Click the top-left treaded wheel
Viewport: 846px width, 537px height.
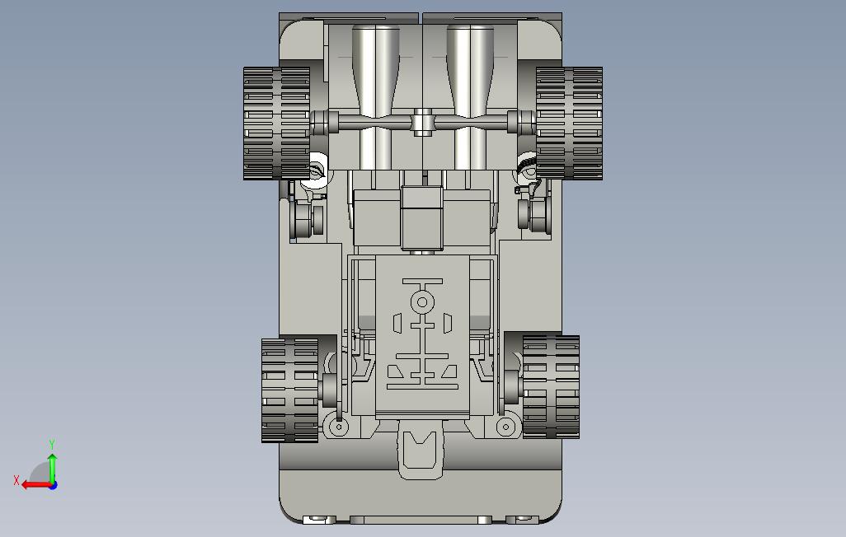[277, 123]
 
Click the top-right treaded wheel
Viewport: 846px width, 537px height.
[569, 123]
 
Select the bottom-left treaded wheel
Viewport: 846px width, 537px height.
[290, 390]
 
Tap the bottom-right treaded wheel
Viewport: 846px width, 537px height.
[551, 386]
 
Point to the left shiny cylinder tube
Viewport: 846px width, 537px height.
[376, 97]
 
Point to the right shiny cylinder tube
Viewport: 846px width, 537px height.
[470, 97]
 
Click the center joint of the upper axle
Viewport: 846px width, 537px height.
[423, 123]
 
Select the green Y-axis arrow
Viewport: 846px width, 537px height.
[52, 468]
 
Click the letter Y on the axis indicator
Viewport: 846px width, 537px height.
[52, 444]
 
